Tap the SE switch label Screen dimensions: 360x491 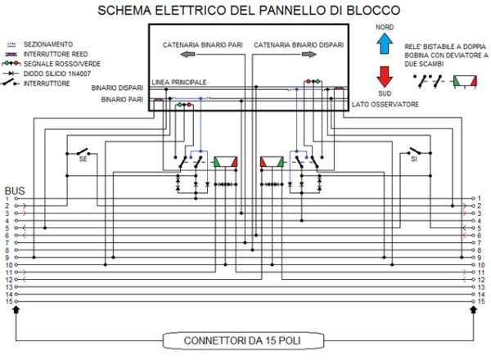tap(83, 160)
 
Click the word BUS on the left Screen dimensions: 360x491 tap(15, 189)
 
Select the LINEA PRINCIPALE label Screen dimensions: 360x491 tap(178, 83)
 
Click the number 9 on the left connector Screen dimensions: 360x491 tap(7, 258)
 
